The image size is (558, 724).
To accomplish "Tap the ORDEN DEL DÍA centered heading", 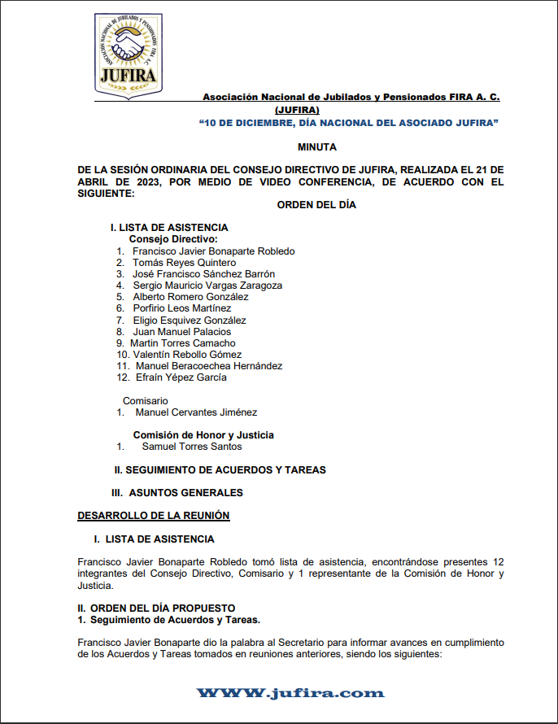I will [x=316, y=205].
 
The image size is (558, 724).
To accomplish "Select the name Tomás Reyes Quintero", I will [x=184, y=263].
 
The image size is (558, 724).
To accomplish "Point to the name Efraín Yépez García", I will [x=181, y=377].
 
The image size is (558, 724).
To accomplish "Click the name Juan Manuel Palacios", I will [x=181, y=332].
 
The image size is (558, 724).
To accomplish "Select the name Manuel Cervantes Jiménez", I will [x=196, y=412].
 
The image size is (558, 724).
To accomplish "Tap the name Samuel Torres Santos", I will [x=192, y=447].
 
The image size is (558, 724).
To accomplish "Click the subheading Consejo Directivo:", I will [x=173, y=239].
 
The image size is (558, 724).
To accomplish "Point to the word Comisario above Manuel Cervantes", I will [x=145, y=401].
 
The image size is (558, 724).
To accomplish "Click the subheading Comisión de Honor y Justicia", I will [x=203, y=435].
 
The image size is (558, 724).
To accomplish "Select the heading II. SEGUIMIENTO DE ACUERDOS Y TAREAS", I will [x=220, y=470].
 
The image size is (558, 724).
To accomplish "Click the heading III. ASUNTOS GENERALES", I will [x=177, y=493].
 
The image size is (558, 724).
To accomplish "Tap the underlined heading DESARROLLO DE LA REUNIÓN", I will [x=154, y=516].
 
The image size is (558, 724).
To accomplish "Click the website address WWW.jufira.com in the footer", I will [x=290, y=693].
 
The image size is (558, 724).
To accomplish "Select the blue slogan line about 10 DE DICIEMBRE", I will [x=348, y=122].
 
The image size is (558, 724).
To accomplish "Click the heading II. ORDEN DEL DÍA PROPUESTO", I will [x=156, y=608].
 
